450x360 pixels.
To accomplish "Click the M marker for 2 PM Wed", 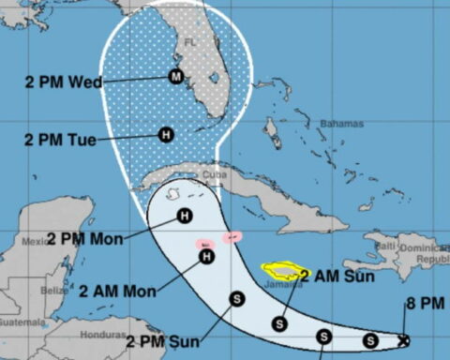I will pos(175,76).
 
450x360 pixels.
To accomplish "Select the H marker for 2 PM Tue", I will pos(166,135).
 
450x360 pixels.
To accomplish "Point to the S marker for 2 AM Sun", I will pos(278,323).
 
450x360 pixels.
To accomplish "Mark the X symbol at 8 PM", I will pos(404,340).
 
